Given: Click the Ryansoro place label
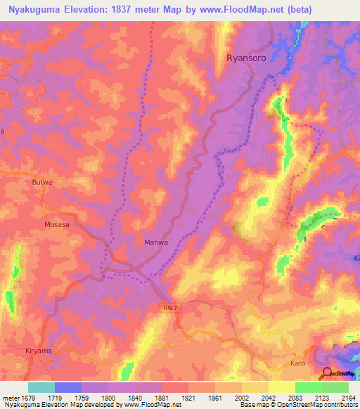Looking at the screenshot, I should point(245,58).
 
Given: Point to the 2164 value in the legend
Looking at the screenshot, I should point(347,398).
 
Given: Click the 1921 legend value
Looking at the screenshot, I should point(188,398).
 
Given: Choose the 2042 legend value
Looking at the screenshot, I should point(268,398).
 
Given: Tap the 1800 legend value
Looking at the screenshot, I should point(108,398).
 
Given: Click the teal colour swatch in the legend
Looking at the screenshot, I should point(41,387).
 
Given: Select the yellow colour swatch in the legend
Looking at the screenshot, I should point(281,387).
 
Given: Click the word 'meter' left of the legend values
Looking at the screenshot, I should point(10,398).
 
